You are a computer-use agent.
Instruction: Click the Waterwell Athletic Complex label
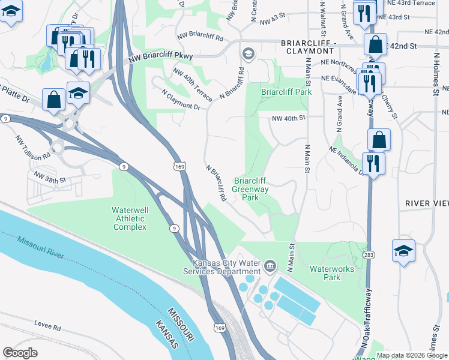pos(130,218)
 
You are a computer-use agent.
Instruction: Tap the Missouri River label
pos(41,248)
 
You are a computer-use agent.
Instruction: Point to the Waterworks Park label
pos(332,274)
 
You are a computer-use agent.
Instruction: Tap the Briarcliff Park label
pos(286,92)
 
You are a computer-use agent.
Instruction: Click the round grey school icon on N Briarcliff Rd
pos(247,55)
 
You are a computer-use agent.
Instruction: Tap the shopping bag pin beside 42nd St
pos(376,44)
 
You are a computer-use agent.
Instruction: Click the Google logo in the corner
pos(20,353)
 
